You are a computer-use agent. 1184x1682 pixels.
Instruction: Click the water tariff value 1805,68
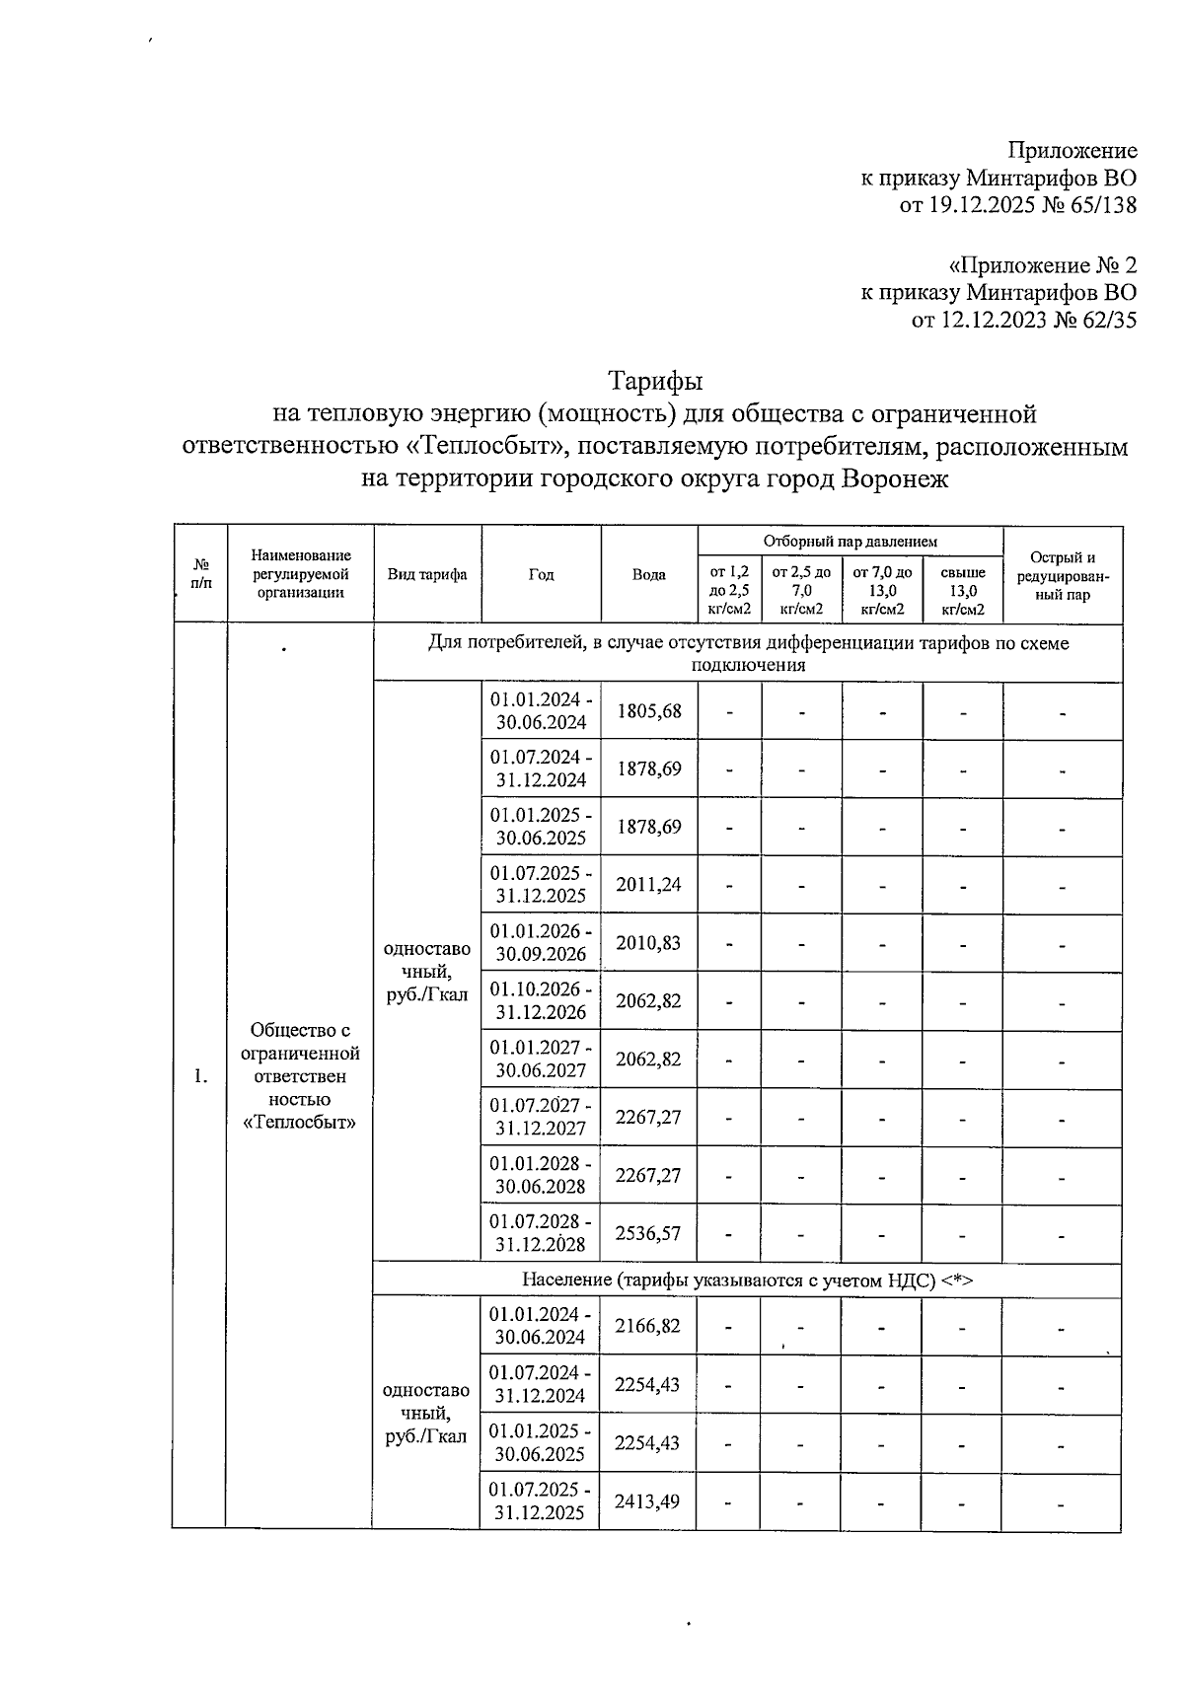pyautogui.click(x=648, y=711)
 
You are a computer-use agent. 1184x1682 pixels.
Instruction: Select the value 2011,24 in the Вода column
pyautogui.click(x=648, y=885)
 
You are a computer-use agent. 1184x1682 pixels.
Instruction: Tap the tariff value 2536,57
pyautogui.click(x=648, y=1233)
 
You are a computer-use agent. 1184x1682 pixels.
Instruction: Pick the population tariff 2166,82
pyautogui.click(x=647, y=1326)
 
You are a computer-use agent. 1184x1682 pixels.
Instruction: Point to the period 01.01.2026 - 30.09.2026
pyautogui.click(x=541, y=943)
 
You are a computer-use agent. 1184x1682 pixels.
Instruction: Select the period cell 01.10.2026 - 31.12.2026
pyautogui.click(x=541, y=1001)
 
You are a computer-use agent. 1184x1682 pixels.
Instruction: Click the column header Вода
pyautogui.click(x=648, y=575)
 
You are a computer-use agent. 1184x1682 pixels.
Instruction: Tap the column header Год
pyautogui.click(x=541, y=575)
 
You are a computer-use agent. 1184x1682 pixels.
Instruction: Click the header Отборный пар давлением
pyautogui.click(x=850, y=541)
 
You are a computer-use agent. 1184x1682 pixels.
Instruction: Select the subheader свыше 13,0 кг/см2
pyautogui.click(x=962, y=591)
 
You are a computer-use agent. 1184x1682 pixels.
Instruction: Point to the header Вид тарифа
pyautogui.click(x=427, y=575)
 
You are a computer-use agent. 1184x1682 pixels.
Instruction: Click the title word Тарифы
pyautogui.click(x=655, y=381)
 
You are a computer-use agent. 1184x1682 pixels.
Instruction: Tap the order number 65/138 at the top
pyautogui.click(x=1098, y=206)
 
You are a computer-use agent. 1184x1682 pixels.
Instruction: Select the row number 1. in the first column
pyautogui.click(x=200, y=1076)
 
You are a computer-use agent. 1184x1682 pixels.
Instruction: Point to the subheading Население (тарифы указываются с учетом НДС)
pyautogui.click(x=747, y=1280)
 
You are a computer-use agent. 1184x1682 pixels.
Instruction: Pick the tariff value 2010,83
pyautogui.click(x=648, y=943)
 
